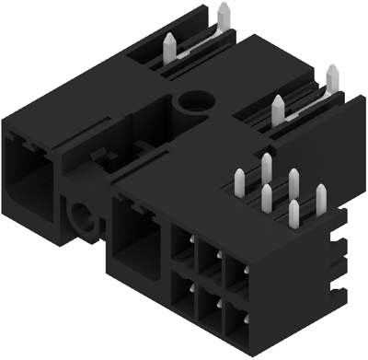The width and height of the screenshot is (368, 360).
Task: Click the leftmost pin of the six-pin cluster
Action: tap(241, 180)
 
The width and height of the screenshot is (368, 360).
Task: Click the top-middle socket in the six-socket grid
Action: tap(208, 261)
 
